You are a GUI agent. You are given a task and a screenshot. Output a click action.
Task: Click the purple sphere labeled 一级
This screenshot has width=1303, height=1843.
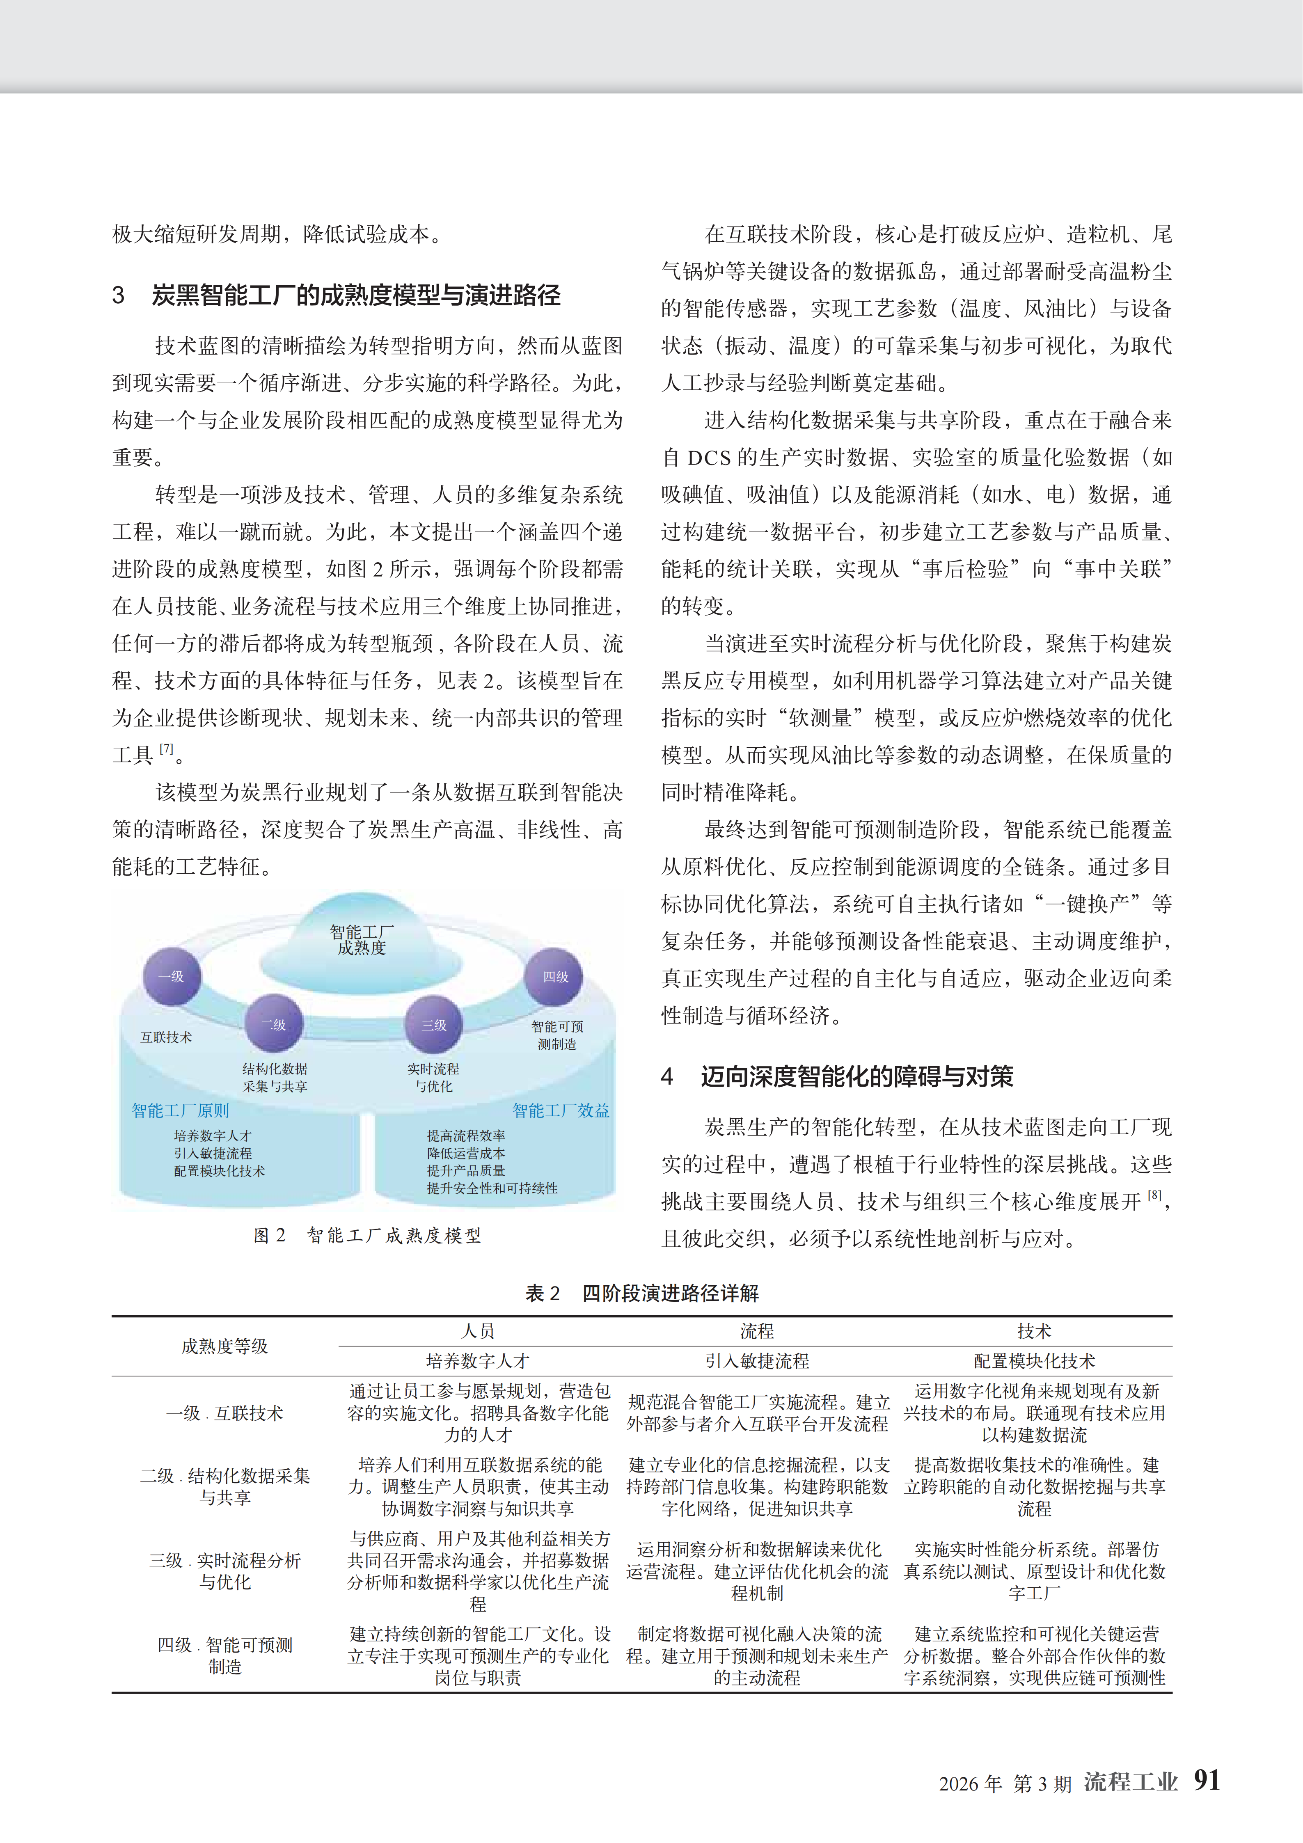171,976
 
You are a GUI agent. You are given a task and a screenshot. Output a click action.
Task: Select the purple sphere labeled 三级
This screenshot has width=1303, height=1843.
433,1024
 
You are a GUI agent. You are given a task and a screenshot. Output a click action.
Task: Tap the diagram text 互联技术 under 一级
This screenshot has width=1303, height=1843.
166,1037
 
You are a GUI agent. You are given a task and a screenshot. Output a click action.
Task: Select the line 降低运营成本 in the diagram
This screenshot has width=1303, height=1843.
466,1153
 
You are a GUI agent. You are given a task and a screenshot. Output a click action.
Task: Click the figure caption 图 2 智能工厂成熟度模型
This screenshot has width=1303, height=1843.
367,1235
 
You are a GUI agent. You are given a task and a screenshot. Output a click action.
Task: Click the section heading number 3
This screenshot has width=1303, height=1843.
119,295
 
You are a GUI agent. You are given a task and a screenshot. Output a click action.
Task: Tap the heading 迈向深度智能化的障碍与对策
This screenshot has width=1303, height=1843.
856,1076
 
